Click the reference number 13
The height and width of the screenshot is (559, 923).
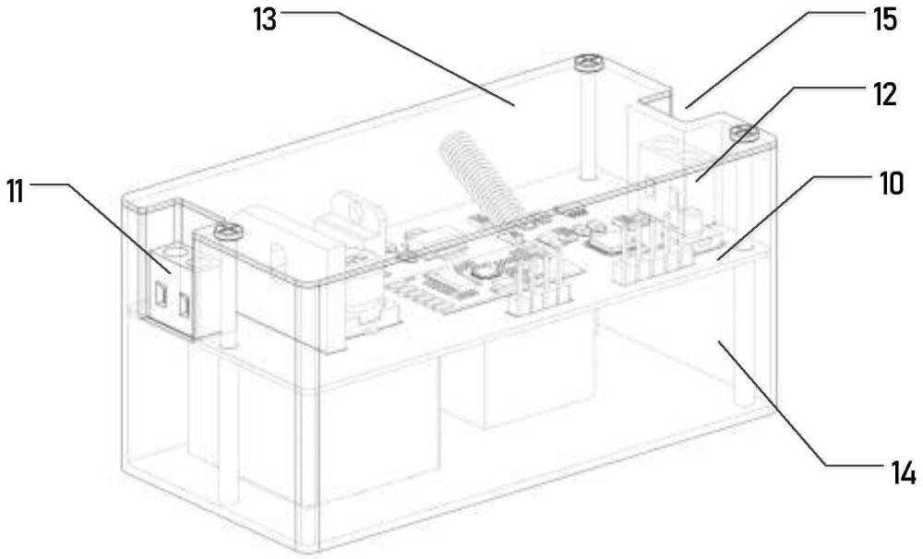(x=265, y=20)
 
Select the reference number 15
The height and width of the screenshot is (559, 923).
(x=885, y=20)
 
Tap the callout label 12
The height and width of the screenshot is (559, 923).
(x=885, y=95)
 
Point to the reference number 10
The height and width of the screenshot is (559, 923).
(x=892, y=184)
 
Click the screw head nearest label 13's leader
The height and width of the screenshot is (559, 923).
(x=587, y=63)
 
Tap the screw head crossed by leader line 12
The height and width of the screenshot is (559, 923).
(x=744, y=134)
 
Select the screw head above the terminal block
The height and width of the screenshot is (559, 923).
(x=228, y=232)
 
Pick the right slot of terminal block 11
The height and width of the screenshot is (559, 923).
(x=185, y=304)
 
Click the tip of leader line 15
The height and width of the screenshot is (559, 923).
(x=686, y=108)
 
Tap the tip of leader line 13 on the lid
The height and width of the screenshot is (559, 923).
(x=514, y=105)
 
